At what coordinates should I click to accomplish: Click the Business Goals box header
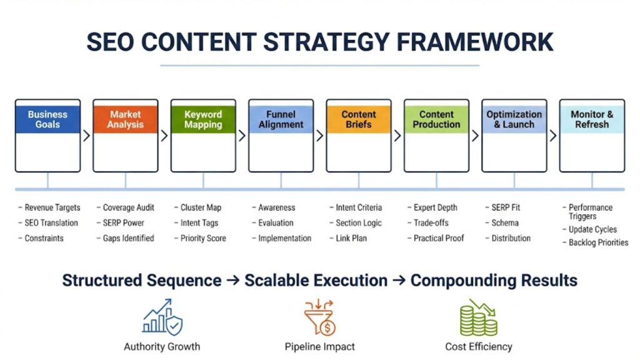pyautogui.click(x=47, y=119)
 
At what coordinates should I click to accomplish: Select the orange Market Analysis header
pyautogui.click(x=125, y=119)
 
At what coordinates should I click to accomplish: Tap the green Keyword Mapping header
pyautogui.click(x=203, y=119)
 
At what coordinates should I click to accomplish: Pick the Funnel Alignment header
pyautogui.click(x=281, y=119)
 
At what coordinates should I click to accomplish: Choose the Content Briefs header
pyautogui.click(x=359, y=119)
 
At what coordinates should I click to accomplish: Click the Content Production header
pyautogui.click(x=436, y=119)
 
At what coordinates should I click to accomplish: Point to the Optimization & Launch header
pyautogui.click(x=514, y=119)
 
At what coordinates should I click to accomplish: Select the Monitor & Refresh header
pyautogui.click(x=592, y=119)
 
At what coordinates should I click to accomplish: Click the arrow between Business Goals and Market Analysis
pyautogui.click(x=86, y=136)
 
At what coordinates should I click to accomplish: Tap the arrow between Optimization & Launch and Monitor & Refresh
pyautogui.click(x=553, y=136)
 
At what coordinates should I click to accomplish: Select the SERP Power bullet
pyautogui.click(x=123, y=223)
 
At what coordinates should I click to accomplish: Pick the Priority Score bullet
pyautogui.click(x=203, y=238)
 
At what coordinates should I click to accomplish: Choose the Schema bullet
pyautogui.click(x=505, y=223)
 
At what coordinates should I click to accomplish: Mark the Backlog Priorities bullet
pyautogui.click(x=598, y=242)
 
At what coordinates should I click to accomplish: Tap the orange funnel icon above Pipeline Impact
pyautogui.click(x=320, y=317)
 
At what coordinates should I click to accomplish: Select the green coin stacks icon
pyautogui.click(x=478, y=317)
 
